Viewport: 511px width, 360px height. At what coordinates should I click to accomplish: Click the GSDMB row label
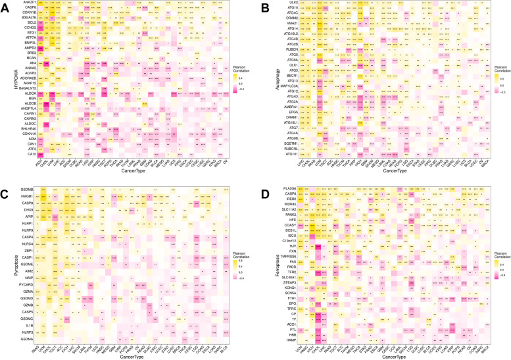(x=26, y=190)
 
